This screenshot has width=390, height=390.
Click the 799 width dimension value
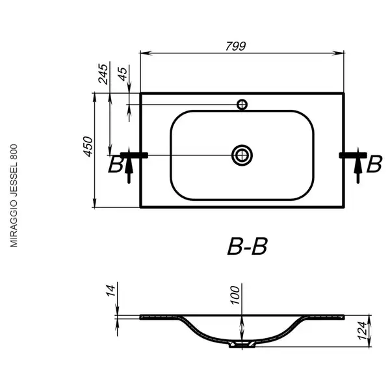coord(235,46)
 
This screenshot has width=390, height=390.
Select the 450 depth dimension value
coord(88,146)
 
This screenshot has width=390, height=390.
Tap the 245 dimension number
coord(103,74)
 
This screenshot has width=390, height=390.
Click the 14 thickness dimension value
coord(111,291)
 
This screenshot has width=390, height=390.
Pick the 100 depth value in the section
coord(235,295)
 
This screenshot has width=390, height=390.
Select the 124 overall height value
coord(362,331)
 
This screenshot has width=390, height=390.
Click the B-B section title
coord(247,246)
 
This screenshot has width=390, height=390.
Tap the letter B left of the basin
coord(115,164)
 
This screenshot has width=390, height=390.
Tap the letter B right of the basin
coord(374,164)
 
